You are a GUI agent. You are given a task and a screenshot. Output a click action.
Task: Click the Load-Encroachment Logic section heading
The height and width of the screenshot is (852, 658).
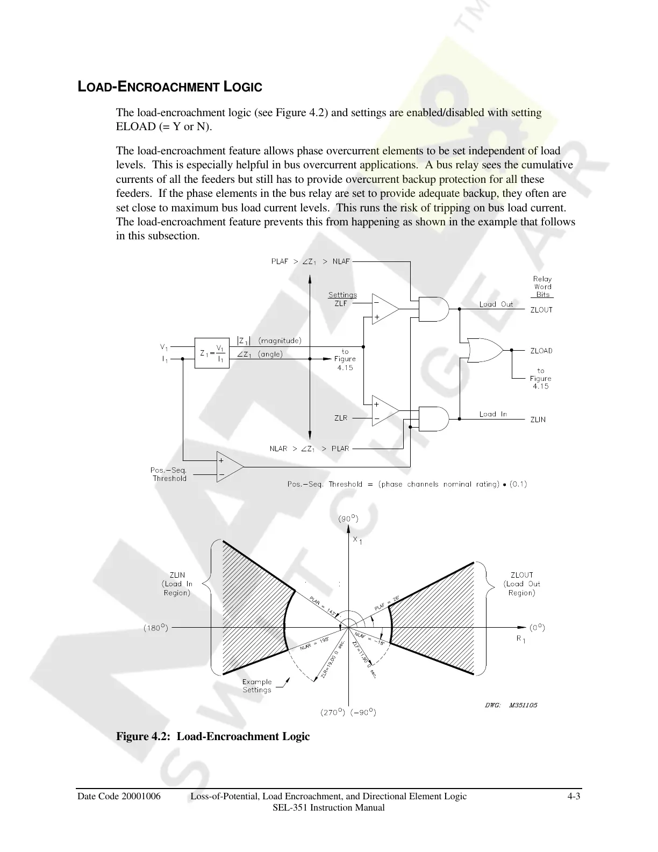[x=170, y=87]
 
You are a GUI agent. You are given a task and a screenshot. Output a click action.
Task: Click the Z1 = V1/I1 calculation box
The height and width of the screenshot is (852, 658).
[x=212, y=353]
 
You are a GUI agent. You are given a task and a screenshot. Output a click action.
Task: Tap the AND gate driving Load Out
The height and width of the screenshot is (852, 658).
[x=433, y=309]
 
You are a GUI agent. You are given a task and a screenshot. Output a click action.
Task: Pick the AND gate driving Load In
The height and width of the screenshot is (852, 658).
[x=433, y=418]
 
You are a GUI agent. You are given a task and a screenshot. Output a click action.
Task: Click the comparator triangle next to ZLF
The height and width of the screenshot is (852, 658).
[x=385, y=309]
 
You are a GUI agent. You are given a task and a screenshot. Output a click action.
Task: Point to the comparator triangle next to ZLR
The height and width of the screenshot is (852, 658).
[x=385, y=411]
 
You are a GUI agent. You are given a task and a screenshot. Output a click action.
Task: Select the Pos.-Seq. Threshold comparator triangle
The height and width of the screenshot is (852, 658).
[x=229, y=467]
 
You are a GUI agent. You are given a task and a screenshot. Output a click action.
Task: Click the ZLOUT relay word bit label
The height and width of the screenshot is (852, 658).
[x=541, y=310]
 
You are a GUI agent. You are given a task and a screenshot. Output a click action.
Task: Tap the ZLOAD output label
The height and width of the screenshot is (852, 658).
[x=541, y=351]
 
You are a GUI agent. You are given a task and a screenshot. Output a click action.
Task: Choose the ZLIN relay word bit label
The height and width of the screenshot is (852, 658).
[x=538, y=420]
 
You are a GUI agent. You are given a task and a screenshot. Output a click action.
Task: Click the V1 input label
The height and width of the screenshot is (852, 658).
[x=164, y=347]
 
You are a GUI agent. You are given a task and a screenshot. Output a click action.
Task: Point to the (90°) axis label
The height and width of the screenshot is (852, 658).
[x=348, y=519]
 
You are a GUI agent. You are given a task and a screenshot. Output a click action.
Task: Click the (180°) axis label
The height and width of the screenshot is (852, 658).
[x=156, y=628]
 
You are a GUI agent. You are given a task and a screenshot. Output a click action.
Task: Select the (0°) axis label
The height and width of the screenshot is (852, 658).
[x=538, y=627]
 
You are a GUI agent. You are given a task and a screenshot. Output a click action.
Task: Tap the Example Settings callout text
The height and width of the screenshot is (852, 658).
[x=257, y=686]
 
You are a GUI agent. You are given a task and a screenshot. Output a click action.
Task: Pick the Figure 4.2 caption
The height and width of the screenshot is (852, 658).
[x=213, y=736]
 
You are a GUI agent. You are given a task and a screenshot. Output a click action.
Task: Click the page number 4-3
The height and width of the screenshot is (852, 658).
[x=574, y=796]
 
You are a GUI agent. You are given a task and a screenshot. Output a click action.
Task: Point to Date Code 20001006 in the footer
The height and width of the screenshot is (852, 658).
[x=119, y=796]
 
